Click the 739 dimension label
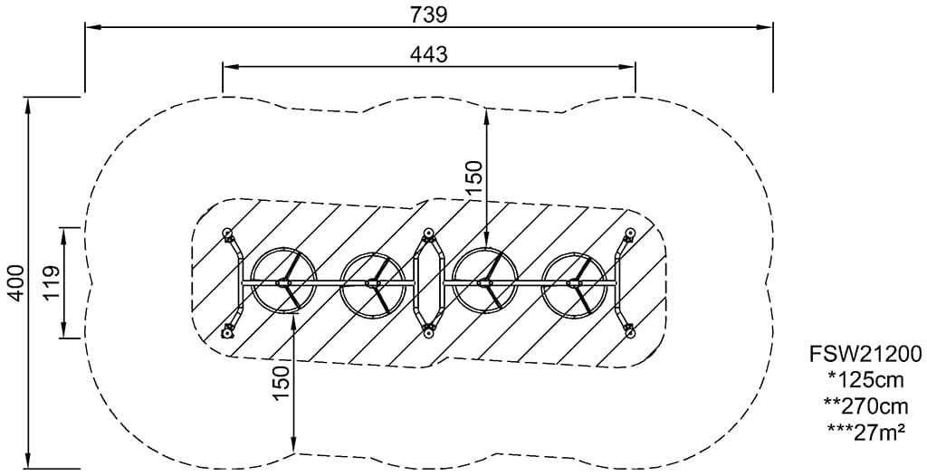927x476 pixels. coord(428,14)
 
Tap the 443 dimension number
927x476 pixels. coord(428,54)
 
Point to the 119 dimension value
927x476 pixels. coord(52,283)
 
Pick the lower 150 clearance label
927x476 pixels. coord(282,383)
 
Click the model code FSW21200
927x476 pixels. coord(865,354)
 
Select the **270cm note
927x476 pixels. coord(865,406)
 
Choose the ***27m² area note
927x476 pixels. coord(865,433)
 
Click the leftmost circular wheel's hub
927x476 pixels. coord(283,283)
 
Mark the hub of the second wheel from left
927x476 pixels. coord(373,284)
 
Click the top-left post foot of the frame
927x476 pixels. coord(226,233)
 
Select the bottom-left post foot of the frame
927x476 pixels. coord(226,334)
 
